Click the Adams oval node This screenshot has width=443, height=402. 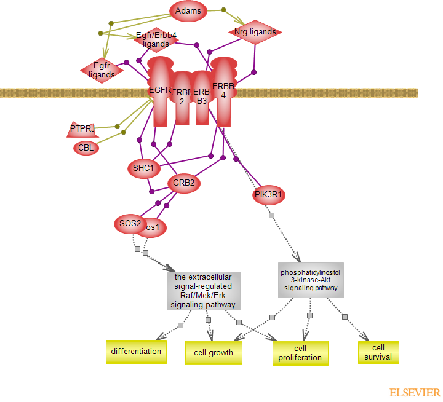click(188, 10)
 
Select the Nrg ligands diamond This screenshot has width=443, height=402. click(255, 32)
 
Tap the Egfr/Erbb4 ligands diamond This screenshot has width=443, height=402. click(156, 40)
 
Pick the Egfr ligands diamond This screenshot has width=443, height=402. click(102, 70)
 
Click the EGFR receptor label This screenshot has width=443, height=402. click(160, 90)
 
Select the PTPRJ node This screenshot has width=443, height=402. click(82, 129)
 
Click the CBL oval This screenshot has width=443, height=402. click(86, 148)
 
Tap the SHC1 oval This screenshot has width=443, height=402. click(143, 167)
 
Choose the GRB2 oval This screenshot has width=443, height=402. click(184, 183)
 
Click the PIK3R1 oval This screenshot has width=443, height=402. click(269, 195)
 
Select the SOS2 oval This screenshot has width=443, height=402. click(130, 223)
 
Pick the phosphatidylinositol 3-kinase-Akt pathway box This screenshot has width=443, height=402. click(310, 280)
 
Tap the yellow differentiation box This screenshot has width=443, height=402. click(136, 352)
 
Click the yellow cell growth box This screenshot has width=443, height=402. click(214, 353)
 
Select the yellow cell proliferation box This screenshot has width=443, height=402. click(300, 353)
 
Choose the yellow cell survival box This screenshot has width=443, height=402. click(378, 352)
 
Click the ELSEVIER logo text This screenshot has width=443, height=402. click(414, 392)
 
